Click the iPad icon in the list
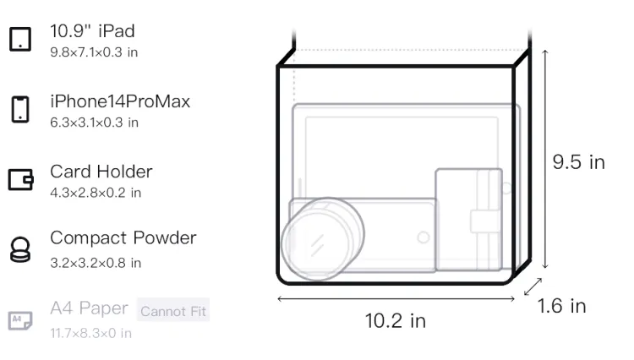[20, 39]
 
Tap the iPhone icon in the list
[20, 109]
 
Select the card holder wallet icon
[20, 179]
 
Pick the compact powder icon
[20, 249]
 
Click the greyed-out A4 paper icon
[20, 320]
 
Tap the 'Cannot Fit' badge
[173, 311]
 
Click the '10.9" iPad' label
[92, 31]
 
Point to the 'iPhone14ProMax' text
[120, 101]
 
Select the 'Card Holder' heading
[101, 172]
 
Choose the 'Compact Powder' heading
[123, 238]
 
